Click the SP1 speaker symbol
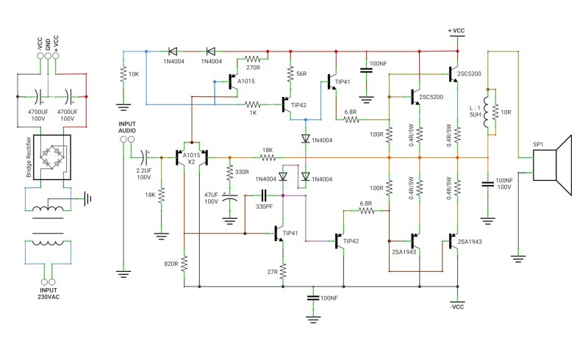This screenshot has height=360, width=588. click(x=552, y=165)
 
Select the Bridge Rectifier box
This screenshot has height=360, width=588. click(x=51, y=157)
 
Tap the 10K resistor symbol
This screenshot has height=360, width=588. click(x=123, y=74)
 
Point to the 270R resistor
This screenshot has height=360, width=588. click(x=252, y=59)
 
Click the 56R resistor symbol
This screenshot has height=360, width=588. click(x=290, y=74)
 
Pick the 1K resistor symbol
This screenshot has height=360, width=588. click(x=252, y=104)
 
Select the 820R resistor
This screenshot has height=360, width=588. click(x=184, y=264)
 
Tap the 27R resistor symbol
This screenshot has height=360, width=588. click(x=283, y=271)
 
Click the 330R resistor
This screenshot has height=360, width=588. click(x=230, y=173)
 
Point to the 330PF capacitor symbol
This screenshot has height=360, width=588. click(x=264, y=195)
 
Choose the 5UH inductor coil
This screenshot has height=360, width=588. click(x=487, y=112)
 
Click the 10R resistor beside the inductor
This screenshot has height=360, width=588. click(x=495, y=112)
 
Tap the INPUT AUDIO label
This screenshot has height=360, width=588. click(x=127, y=127)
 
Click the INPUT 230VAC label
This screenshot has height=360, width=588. click(x=49, y=293)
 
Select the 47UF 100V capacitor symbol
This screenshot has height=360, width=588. click(x=230, y=198)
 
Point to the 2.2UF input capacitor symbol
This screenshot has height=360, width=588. click(x=145, y=157)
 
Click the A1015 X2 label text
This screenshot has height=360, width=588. click(x=191, y=159)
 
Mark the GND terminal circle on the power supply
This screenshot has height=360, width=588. click(x=48, y=56)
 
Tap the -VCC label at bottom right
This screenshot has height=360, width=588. click(x=457, y=307)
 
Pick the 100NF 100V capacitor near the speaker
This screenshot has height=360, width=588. click(x=487, y=184)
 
